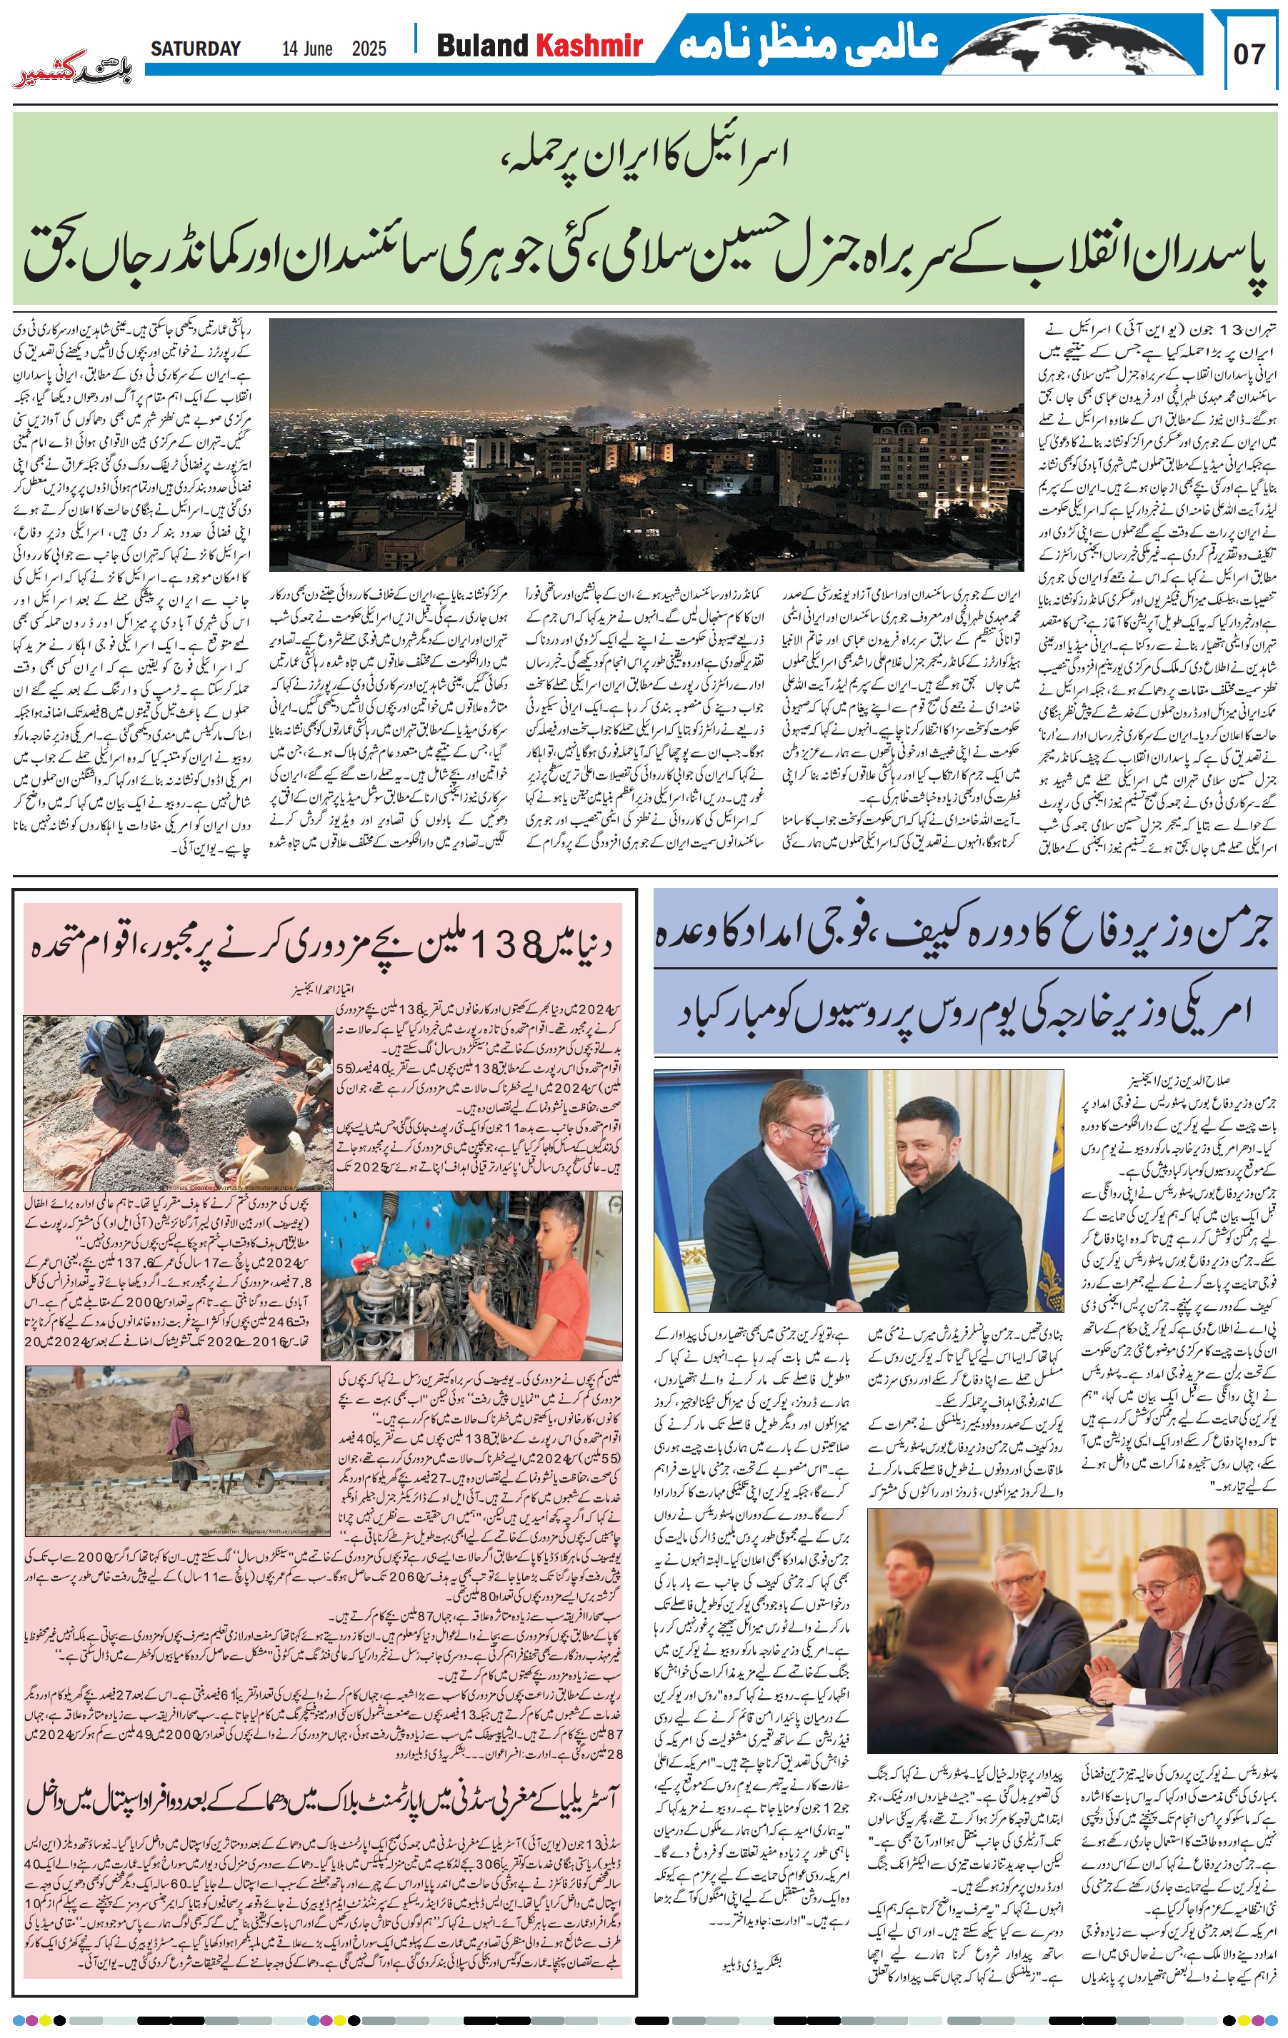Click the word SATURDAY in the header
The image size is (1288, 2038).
[x=196, y=49]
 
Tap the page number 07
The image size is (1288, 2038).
[x=1250, y=54]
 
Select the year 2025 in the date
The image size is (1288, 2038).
[x=369, y=49]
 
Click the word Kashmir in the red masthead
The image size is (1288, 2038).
[x=589, y=46]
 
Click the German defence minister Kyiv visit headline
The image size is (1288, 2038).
[x=964, y=934]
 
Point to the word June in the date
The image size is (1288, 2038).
[x=316, y=49]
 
